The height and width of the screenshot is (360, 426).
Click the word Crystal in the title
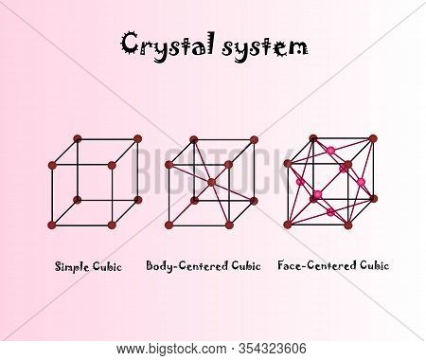click(169, 46)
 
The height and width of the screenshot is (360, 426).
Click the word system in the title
click(265, 47)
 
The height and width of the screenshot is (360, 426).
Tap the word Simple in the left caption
click(72, 266)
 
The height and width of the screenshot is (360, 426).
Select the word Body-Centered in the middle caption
click(187, 266)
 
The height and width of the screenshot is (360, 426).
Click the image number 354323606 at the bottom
click(273, 349)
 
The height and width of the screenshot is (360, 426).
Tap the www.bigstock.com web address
click(171, 350)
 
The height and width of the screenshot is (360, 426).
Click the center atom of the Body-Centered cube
click(212, 182)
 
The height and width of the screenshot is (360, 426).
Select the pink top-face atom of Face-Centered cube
click(330, 150)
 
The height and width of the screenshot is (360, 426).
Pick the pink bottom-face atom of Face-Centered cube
click(330, 212)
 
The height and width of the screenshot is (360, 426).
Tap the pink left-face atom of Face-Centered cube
click(300, 182)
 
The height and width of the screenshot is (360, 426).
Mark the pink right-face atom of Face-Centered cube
click(361, 182)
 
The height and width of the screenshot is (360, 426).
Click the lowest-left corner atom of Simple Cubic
click(52, 225)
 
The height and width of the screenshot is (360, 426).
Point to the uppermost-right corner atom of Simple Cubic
click(137, 138)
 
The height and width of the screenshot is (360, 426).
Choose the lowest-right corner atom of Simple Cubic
click(112, 225)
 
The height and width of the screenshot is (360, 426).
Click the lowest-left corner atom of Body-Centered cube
click(169, 225)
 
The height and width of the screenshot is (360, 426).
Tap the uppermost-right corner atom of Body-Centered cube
click(255, 139)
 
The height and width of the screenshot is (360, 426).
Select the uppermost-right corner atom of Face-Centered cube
click(373, 138)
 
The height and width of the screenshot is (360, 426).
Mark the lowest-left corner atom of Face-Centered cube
click(288, 225)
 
